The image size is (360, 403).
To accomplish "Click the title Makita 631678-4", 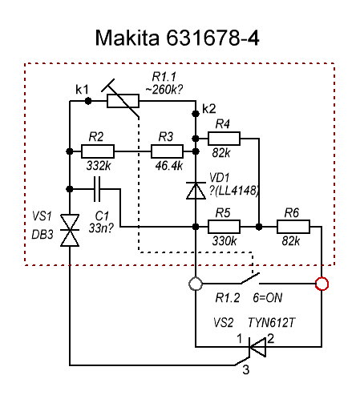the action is point(177,38).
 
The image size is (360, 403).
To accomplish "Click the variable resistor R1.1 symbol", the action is point(123,101).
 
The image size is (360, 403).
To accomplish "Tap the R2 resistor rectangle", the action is point(98,151).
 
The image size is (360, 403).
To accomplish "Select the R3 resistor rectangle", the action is point(168,151).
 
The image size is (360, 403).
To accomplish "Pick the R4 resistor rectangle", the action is point(224,139).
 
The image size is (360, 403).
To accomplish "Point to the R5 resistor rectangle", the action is point(224,227).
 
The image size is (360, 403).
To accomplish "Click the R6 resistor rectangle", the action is point(293,227).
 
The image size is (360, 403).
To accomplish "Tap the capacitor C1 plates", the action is point(97,189).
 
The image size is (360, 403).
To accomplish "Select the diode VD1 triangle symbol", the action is point(196,191).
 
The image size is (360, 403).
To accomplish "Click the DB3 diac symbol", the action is point(70,230).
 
